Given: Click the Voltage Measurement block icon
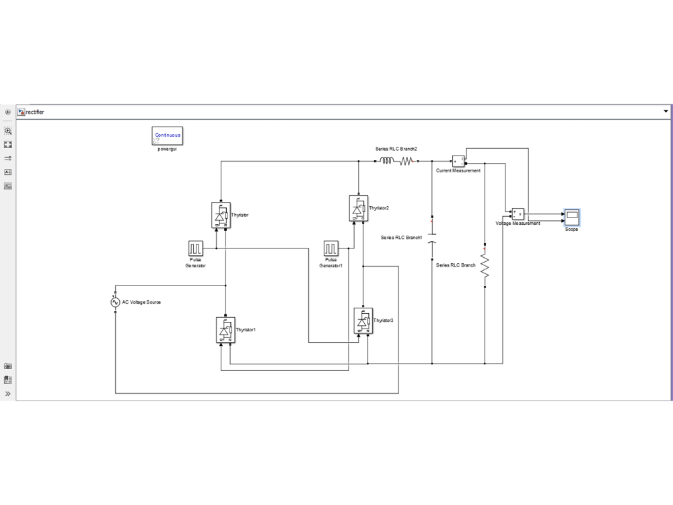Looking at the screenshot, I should tap(518, 213).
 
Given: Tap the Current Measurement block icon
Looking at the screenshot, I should tap(458, 161).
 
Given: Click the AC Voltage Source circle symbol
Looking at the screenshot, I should tap(116, 302).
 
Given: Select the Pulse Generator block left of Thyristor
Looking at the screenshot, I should tap(195, 248).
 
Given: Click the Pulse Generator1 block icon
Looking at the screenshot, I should tap(330, 248).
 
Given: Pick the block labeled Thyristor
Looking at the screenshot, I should tap(220, 215).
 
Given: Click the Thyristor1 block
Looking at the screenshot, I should tap(225, 329).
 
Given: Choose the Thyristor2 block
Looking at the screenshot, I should tap(359, 208).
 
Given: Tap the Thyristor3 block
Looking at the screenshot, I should tap(363, 321).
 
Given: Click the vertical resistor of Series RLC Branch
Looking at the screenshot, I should tap(485, 264).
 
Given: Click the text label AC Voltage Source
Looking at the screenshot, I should tap(141, 302).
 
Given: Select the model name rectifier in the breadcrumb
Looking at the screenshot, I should tap(34, 112).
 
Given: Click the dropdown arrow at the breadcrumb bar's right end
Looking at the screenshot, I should tap(666, 111).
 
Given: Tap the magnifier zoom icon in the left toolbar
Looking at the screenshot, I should tap(8, 131).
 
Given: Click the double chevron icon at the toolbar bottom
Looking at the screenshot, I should tap(8, 393).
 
